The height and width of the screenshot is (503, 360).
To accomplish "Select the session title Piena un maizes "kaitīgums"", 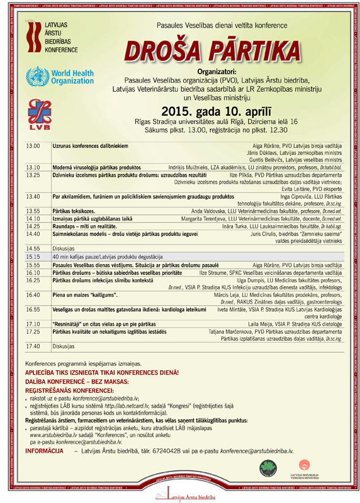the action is coord(89,294).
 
